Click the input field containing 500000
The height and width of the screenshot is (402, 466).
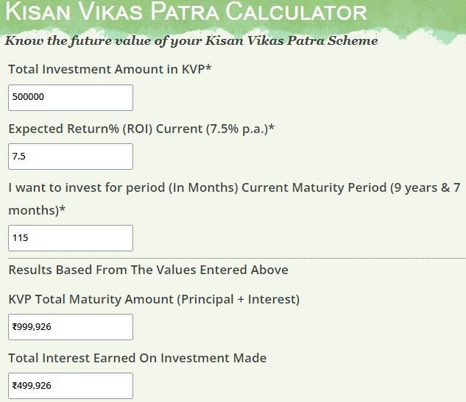pos(71,98)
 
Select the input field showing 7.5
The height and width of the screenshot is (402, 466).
pos(71,157)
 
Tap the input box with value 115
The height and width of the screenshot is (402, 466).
pos(71,238)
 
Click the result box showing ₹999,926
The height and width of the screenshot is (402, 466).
pos(71,327)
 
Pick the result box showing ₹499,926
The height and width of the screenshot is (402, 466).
pos(71,386)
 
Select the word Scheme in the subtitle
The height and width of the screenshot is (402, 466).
pos(351,41)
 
